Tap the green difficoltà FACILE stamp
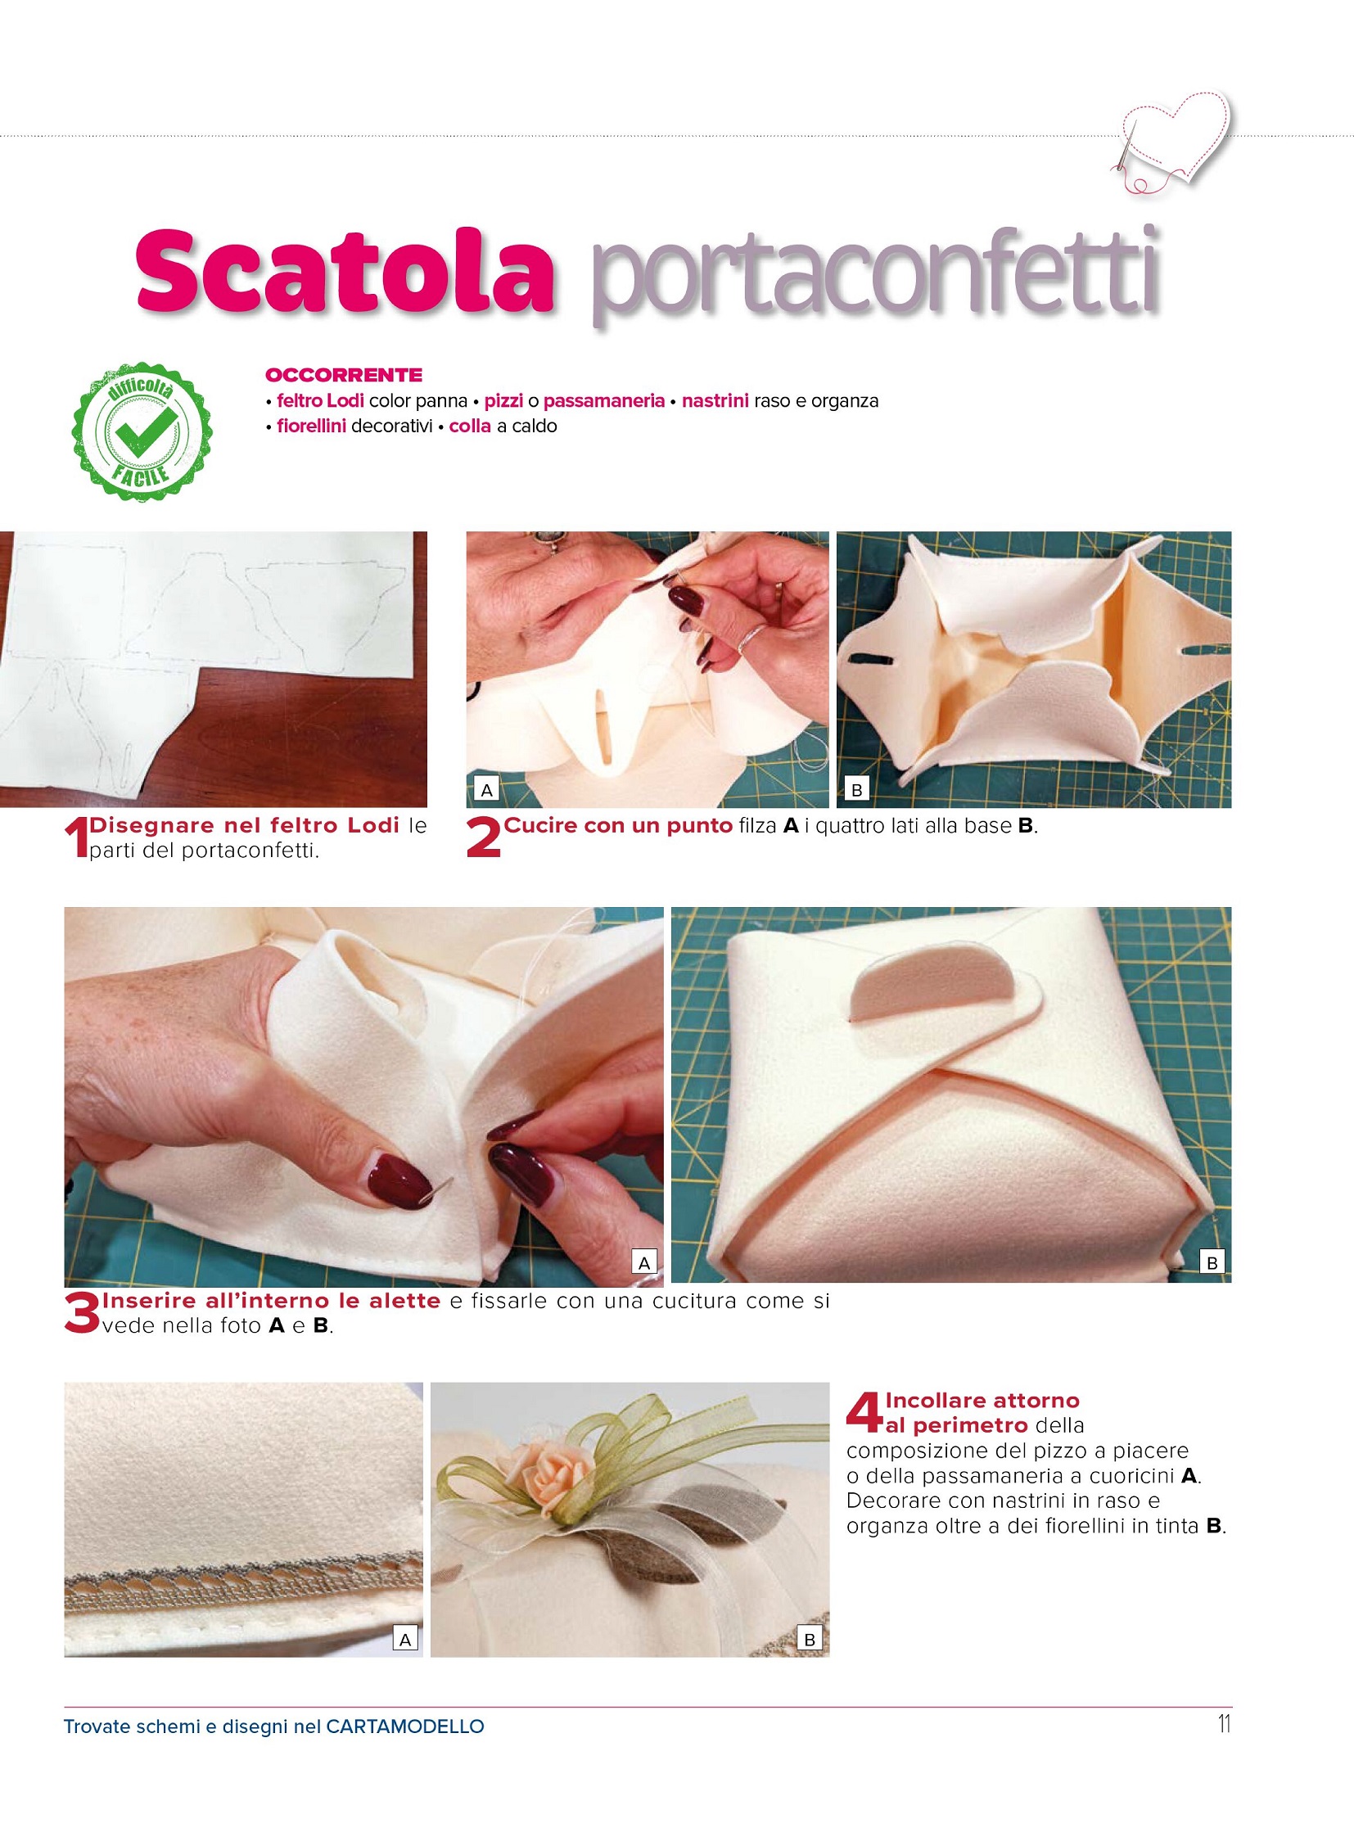click(142, 432)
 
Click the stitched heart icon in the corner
click(1172, 139)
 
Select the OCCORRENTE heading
click(345, 376)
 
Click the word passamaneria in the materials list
click(604, 401)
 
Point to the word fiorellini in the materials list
click(311, 427)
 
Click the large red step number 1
click(75, 839)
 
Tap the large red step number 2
click(484, 839)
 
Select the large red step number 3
click(82, 1314)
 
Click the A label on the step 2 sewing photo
click(487, 790)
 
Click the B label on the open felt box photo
click(857, 790)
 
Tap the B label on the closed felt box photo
click(1212, 1262)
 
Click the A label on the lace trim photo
click(405, 1639)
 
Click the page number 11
click(1225, 1724)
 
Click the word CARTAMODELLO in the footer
click(405, 1726)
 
